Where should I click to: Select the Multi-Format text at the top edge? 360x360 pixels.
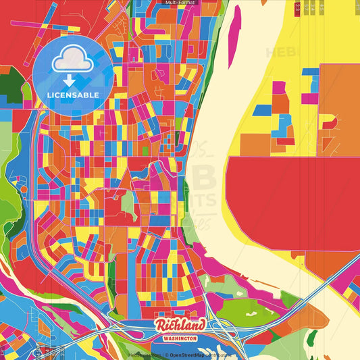point(180,3)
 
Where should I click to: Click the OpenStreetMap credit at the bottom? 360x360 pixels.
point(196,354)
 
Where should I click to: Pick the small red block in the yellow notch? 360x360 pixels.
point(329,123)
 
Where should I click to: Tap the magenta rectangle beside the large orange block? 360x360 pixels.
point(310,98)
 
